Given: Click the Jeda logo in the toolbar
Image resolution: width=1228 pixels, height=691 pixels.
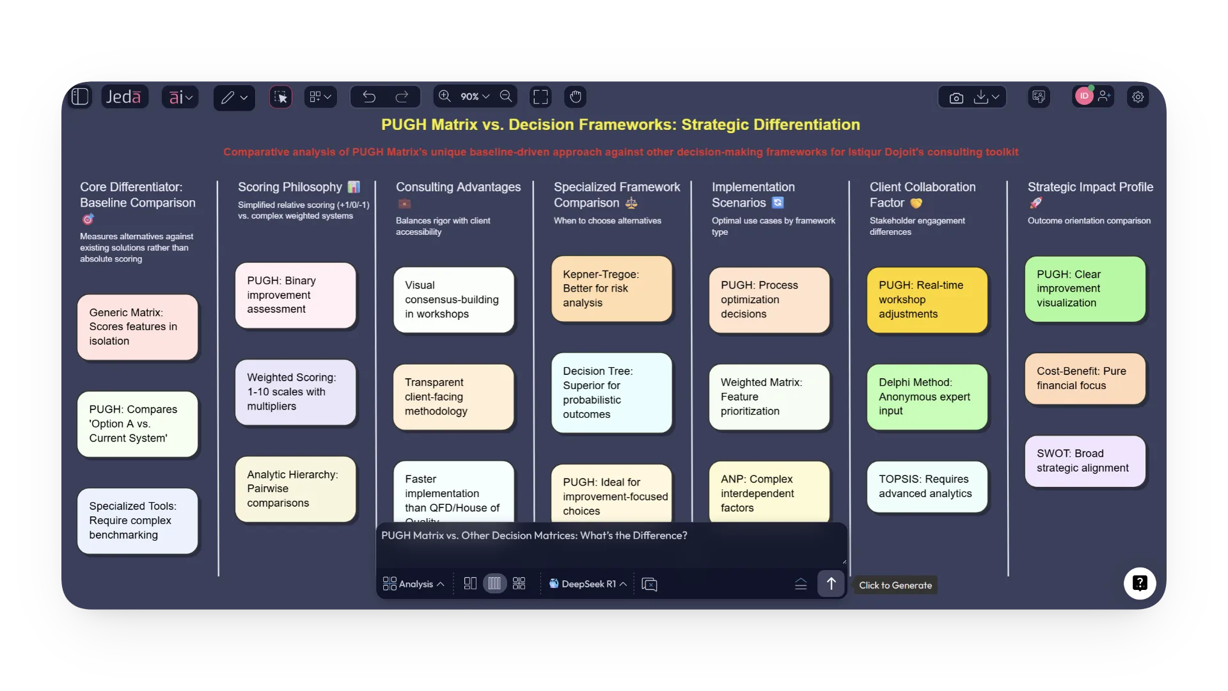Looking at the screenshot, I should click(123, 97).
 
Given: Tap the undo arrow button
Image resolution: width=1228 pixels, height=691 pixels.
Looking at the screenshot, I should click(369, 97).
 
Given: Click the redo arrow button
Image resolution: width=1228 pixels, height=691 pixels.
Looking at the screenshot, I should click(402, 97).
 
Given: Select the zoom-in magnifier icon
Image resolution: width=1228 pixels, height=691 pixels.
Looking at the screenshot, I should click(445, 96).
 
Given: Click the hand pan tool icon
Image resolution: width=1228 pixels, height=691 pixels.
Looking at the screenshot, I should click(576, 97).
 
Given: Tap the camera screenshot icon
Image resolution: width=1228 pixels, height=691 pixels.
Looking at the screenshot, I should click(956, 97).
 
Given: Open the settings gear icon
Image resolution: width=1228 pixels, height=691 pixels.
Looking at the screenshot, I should click(1138, 97).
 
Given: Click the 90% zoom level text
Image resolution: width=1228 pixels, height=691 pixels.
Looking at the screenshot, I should click(469, 97).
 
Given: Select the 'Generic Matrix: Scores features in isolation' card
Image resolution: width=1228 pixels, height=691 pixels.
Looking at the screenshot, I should click(138, 327).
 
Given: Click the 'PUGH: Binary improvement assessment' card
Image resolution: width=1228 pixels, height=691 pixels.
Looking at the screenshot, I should click(295, 295).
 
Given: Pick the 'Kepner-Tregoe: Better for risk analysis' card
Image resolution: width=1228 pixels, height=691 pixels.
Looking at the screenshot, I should click(611, 289).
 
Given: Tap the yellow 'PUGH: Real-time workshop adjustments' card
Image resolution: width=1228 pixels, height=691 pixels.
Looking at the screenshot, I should click(927, 299).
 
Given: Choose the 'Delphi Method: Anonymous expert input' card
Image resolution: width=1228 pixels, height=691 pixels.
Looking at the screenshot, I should click(927, 397).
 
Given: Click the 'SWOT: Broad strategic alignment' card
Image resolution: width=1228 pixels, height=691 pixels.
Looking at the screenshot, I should click(1085, 461).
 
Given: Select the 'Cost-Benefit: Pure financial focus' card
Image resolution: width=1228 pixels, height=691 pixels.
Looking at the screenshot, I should click(1085, 378).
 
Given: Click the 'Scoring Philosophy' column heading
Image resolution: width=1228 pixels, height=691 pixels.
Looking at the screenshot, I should click(290, 187).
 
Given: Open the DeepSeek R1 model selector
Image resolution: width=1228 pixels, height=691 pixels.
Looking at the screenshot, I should click(588, 584).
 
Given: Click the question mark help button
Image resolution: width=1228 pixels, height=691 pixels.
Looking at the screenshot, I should click(1139, 583).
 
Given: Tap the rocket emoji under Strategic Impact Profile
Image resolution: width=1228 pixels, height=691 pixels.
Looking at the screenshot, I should click(1035, 203).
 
